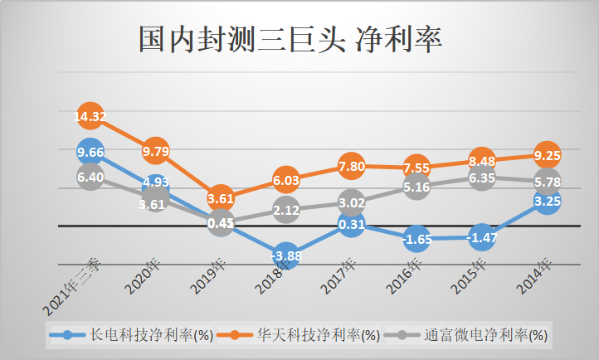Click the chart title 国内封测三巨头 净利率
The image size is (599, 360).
[290, 39]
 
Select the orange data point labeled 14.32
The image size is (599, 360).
[90, 118]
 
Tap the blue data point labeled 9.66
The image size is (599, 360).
[90, 152]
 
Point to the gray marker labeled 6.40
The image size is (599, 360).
[90, 177]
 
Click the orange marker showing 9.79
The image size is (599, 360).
[155, 151]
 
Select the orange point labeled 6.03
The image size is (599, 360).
[285, 180]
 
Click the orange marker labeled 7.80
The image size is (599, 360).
[351, 167]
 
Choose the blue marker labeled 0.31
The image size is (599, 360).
[351, 223]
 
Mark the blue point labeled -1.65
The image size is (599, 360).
[416, 239]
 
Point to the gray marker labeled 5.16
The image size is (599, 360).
[416, 187]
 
